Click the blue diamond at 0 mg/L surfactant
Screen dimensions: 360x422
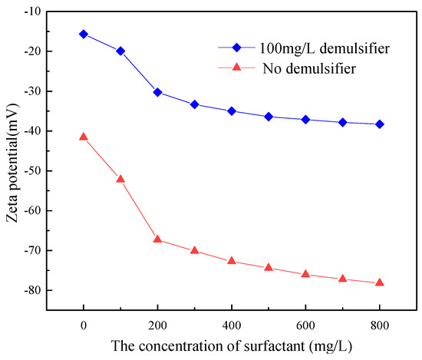tap(84, 34)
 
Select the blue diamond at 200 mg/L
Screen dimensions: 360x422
tap(157, 92)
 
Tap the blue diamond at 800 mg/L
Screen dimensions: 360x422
tap(379, 124)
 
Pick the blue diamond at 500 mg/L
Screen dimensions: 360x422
tap(269, 117)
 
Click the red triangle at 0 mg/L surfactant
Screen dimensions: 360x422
tap(84, 137)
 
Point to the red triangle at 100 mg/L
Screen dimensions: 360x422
tap(120, 179)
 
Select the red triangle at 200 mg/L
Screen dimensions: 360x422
tap(157, 239)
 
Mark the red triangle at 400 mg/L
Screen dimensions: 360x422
tap(232, 261)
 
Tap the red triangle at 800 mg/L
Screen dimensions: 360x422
tap(379, 282)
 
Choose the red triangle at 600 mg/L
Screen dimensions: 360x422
tap(305, 274)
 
